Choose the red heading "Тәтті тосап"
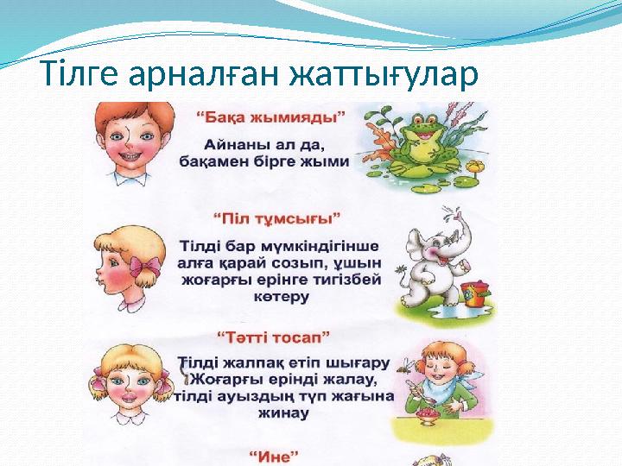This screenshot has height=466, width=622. click(x=278, y=334)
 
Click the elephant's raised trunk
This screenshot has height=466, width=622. click(x=454, y=219)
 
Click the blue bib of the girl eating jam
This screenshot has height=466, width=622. click(x=450, y=398)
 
